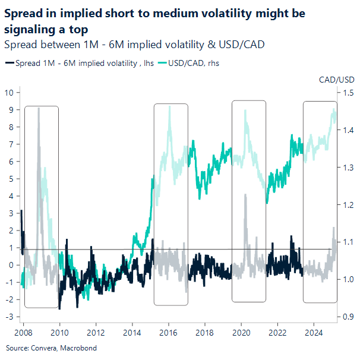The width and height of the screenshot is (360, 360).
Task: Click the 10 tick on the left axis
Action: tap(10, 93)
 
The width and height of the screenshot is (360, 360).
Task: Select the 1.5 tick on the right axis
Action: tap(348, 93)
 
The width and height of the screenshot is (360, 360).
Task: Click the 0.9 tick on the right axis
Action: tap(348, 317)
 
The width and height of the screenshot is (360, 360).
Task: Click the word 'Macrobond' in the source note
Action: tap(78, 348)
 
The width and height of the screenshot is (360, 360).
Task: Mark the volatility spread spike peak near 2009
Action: tap(39, 108)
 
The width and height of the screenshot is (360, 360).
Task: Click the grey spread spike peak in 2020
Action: tap(245, 195)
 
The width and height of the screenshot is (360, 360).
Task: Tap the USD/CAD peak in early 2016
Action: tap(169, 106)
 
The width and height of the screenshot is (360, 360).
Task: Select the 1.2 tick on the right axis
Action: tap(348, 205)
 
